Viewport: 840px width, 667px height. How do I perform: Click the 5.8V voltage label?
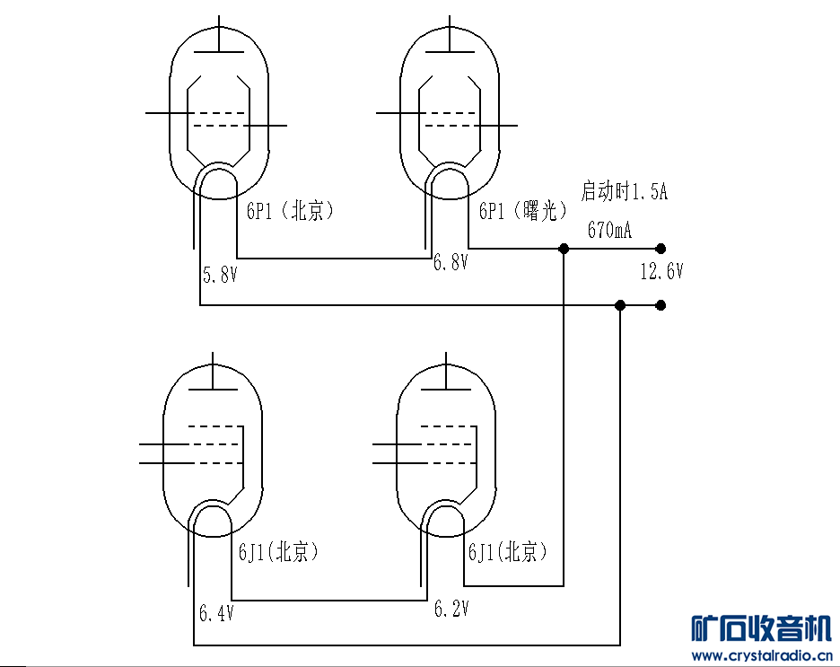coord(220,275)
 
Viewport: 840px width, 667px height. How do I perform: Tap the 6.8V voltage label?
coord(451,262)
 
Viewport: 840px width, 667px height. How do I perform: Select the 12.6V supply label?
coord(661,271)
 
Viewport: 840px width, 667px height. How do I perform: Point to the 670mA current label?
coord(609,230)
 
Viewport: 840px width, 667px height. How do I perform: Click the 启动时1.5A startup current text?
coord(624,191)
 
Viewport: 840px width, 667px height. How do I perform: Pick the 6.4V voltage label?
coord(216,613)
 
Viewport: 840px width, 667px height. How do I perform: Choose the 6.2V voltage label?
coord(451,609)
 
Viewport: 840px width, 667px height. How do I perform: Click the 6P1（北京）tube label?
coord(290,211)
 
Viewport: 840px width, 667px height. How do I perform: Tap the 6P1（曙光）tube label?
coord(523,211)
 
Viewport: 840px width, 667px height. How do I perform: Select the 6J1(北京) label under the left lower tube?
coord(278,551)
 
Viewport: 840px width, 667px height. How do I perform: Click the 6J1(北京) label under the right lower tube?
coord(508,551)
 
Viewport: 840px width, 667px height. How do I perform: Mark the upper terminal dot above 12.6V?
coord(661,249)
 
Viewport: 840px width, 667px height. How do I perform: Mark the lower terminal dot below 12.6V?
coord(661,305)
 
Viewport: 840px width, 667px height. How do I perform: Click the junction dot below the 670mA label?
coord(564,249)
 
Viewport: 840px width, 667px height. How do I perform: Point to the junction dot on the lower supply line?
coord(620,305)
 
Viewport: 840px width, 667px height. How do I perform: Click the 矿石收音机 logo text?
coord(761,628)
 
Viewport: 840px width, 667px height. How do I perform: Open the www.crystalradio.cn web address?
coord(762,655)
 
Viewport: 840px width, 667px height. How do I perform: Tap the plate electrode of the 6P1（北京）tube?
coord(219,52)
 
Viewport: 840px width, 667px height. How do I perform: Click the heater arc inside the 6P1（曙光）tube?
coord(450,170)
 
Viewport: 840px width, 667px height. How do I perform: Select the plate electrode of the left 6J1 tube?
coord(214,389)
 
